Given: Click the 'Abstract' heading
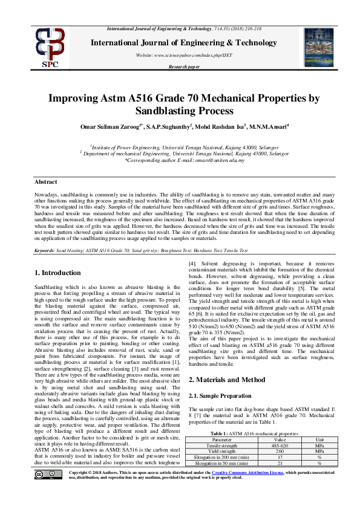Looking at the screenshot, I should (x=45, y=181).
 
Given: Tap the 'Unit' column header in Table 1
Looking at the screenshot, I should (x=320, y=439).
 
